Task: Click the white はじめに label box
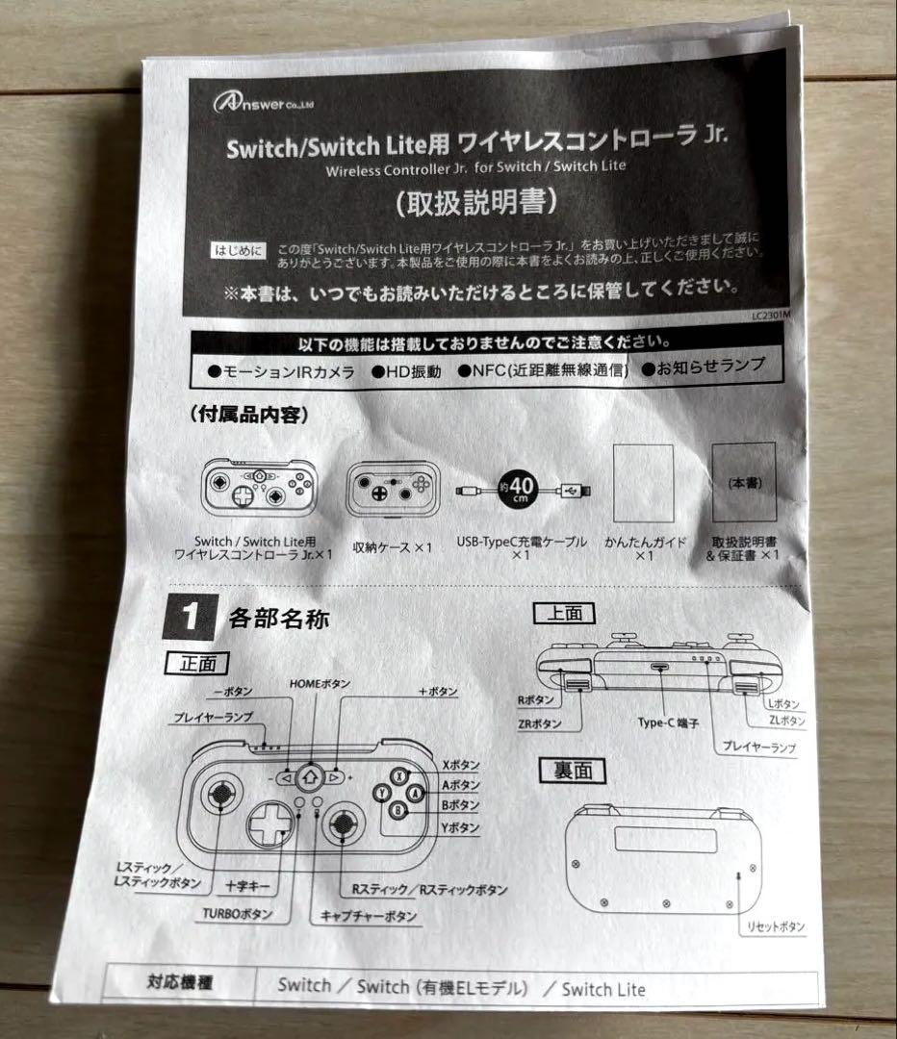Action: click(x=236, y=250)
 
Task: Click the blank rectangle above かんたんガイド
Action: click(x=643, y=484)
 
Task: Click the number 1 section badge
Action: click(x=192, y=617)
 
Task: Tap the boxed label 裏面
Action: click(x=571, y=770)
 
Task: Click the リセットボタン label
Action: click(x=776, y=926)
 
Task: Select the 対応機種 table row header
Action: click(x=179, y=984)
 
